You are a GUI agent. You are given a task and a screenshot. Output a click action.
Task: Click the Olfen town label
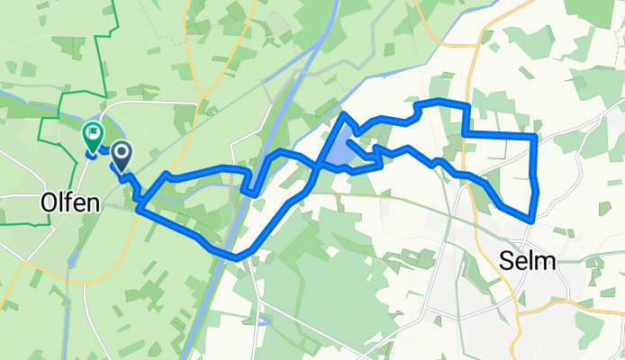coord(69,203)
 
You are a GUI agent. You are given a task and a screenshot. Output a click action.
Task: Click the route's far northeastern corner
coord(536,136)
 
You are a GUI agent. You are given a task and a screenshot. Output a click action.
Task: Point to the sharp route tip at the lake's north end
coord(343,114)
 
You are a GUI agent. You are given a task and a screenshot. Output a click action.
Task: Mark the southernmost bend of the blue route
coord(236,257)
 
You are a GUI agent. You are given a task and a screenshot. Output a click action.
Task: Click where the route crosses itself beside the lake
coord(318,166)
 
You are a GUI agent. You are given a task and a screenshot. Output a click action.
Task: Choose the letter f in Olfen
coord(71,203)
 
